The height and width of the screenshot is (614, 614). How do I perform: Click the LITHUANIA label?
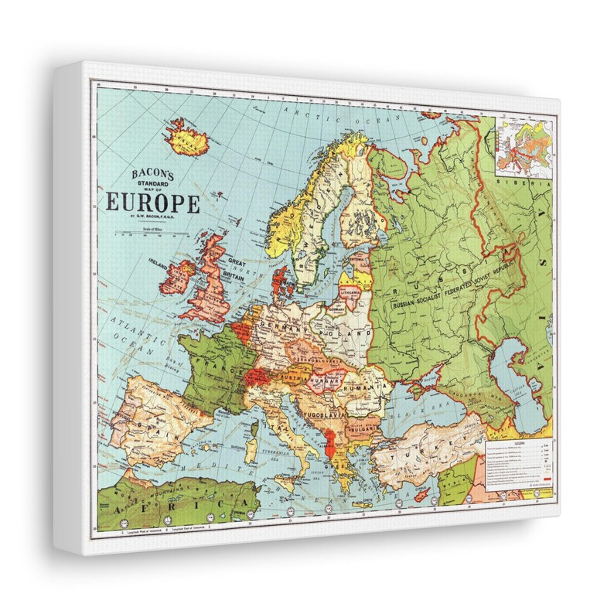(349, 295)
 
